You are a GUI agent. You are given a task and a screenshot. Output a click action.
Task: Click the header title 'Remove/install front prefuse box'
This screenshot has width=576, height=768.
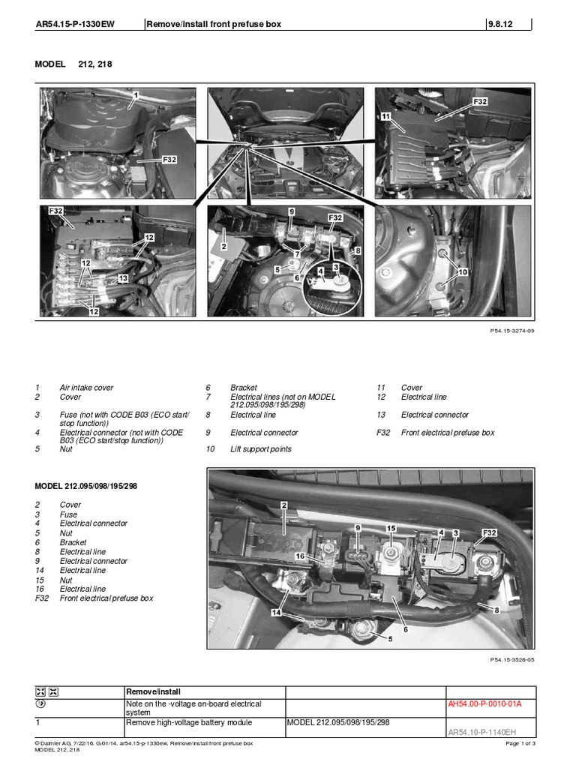pyautogui.click(x=214, y=24)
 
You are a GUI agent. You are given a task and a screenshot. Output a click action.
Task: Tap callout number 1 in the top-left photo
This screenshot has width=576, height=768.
pyautogui.click(x=136, y=95)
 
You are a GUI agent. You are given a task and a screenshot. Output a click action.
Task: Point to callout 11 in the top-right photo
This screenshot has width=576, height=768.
pyautogui.click(x=385, y=118)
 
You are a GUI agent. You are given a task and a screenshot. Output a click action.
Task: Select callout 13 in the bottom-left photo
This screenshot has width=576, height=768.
pyautogui.click(x=123, y=278)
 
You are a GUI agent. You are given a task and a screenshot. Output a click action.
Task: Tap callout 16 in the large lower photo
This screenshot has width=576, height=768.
pyautogui.click(x=298, y=556)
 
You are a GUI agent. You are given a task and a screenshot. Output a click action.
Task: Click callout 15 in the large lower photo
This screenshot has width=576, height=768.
pyautogui.click(x=391, y=529)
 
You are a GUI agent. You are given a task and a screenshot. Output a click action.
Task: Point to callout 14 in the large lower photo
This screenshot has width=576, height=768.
pyautogui.click(x=277, y=613)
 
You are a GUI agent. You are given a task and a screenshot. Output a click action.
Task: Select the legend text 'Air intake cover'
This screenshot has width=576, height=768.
pyautogui.click(x=86, y=388)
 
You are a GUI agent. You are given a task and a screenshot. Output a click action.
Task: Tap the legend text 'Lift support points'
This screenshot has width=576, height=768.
pyautogui.click(x=260, y=449)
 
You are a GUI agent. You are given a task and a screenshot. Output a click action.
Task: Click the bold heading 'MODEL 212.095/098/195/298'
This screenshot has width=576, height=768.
pyautogui.click(x=86, y=486)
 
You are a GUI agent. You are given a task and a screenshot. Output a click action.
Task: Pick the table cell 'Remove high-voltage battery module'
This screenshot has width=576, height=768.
pyautogui.click(x=187, y=722)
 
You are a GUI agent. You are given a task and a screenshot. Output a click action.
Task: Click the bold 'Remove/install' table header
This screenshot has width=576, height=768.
pyautogui.click(x=148, y=691)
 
